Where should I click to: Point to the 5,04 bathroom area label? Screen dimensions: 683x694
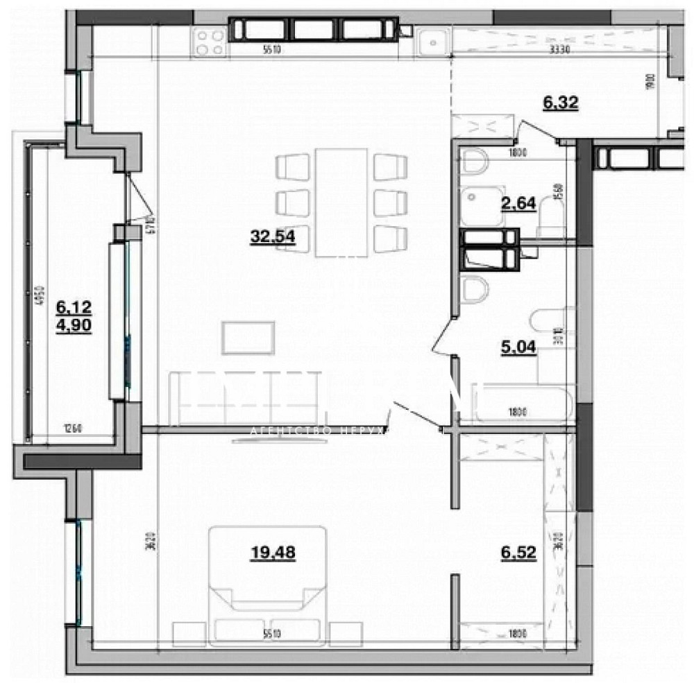click(518, 345)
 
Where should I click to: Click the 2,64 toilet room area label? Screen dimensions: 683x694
click(518, 203)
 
